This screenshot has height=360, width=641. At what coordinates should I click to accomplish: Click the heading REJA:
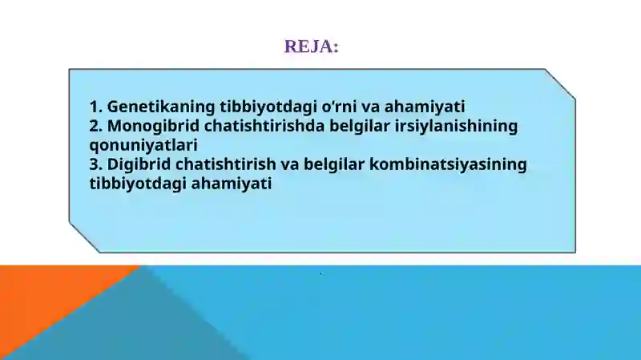pos(312,47)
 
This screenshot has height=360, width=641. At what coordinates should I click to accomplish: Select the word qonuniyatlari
pos(143,145)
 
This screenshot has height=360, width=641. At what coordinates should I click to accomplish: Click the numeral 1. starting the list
pos(96,107)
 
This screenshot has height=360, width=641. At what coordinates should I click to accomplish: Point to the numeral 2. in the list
pos(96,126)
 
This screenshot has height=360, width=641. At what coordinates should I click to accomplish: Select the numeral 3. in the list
pos(96,164)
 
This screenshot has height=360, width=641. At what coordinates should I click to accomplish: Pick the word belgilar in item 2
pos(352,126)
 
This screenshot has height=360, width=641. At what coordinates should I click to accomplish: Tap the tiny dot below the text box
pos(321,274)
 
